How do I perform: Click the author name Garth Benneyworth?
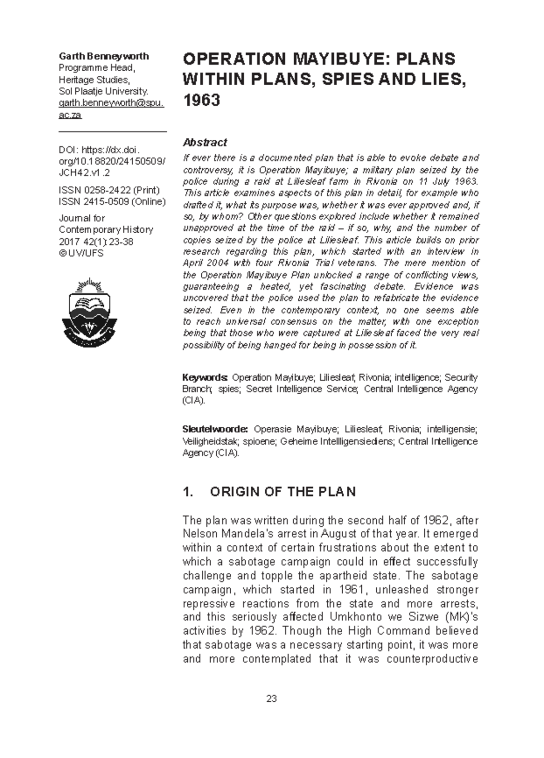pos(104,56)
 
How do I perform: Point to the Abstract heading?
pos(204,142)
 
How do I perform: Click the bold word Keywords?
pos(205,377)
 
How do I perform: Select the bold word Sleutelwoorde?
pos(215,429)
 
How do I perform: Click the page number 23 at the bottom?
pos(272,699)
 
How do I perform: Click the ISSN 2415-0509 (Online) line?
pos(112,202)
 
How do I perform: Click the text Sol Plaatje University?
pos(104,91)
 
